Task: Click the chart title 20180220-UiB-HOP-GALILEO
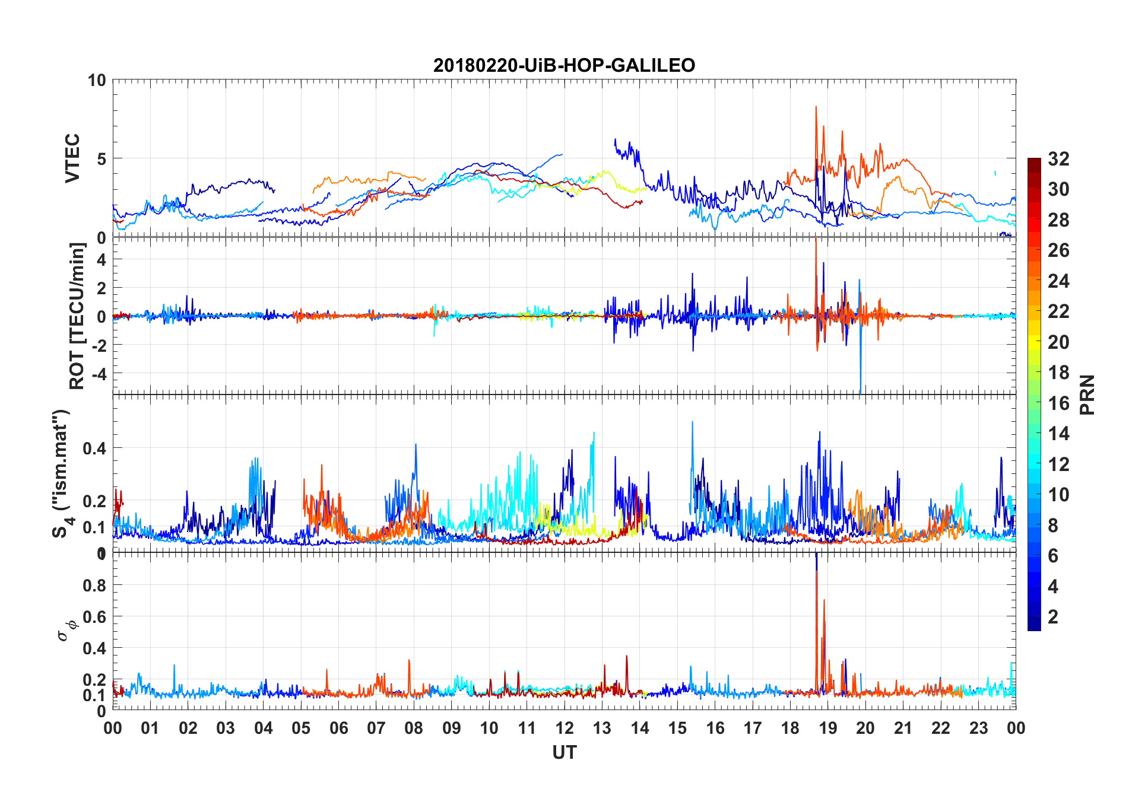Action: tap(564, 65)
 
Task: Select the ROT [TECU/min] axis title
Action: tap(77, 316)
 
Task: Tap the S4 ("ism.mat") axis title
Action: tap(62, 473)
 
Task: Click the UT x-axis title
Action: tap(564, 752)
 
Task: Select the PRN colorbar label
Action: tap(1087, 394)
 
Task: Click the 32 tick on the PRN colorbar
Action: tap(1058, 159)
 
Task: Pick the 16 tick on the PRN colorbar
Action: tap(1058, 403)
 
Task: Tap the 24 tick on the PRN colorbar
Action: tap(1058, 281)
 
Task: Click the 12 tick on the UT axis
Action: tap(564, 728)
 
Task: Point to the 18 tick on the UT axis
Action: tap(790, 728)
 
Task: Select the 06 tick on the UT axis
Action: tap(339, 728)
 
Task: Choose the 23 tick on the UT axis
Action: tap(978, 728)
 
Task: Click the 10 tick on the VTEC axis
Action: tap(97, 80)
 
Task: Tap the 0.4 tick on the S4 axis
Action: tap(94, 448)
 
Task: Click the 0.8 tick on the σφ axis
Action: tap(94, 586)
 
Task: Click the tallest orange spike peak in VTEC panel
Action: tap(816, 107)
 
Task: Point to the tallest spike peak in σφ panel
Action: tap(816, 554)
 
